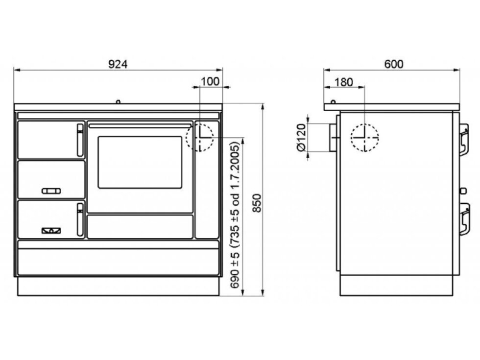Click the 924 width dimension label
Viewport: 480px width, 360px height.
(118, 64)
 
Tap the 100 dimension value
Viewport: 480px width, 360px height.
(210, 81)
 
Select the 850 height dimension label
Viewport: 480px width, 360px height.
(257, 203)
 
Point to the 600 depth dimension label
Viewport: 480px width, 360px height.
(394, 64)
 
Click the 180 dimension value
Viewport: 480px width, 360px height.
(344, 82)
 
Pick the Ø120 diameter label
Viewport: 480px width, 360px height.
(302, 137)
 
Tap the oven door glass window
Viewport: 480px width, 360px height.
(140, 162)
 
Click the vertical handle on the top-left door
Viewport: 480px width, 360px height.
(80, 140)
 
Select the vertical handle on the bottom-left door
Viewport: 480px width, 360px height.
(80, 219)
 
